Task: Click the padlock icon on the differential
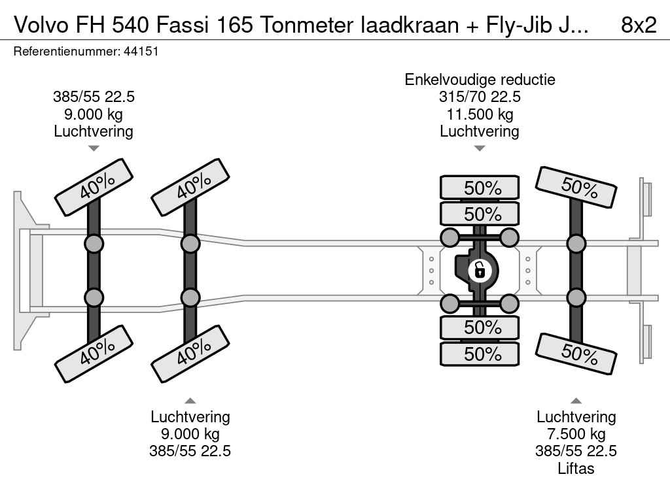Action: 480,269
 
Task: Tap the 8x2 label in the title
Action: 638,25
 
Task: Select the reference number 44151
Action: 141,51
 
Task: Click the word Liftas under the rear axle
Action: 576,468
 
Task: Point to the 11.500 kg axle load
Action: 480,114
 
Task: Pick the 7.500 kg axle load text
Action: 576,434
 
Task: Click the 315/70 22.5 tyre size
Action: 480,97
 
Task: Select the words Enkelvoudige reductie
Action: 480,80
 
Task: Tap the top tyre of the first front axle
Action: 93,187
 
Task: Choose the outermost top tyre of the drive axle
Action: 480,188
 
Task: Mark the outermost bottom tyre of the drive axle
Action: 480,354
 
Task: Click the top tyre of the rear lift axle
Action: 576,187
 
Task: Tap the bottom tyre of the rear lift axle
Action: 576,354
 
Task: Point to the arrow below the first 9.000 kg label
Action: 94,148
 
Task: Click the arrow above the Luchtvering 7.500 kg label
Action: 576,401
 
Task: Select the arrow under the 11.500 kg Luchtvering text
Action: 480,148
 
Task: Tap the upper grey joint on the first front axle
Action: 94,244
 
